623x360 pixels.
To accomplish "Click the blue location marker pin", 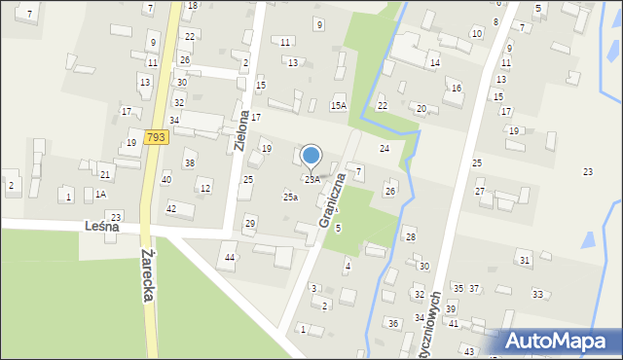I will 311,156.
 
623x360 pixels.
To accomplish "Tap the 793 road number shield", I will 155,138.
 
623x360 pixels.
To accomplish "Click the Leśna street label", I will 101,226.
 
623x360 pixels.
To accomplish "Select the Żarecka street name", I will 147,274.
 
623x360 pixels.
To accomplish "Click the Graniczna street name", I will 331,199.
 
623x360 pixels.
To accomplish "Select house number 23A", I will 311,179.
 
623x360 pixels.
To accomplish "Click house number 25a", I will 290,197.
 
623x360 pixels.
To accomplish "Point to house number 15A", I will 338,105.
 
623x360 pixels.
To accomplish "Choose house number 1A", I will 100,194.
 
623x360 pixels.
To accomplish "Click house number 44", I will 230,257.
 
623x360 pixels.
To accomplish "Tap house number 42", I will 171,208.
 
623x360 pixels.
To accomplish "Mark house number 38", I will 190,162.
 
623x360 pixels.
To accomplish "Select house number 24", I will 385,148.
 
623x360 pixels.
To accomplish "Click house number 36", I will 393,323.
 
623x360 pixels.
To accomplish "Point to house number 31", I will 525,260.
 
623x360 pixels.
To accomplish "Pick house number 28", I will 411,236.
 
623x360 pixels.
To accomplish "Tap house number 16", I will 456,89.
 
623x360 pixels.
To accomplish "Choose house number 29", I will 249,224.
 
